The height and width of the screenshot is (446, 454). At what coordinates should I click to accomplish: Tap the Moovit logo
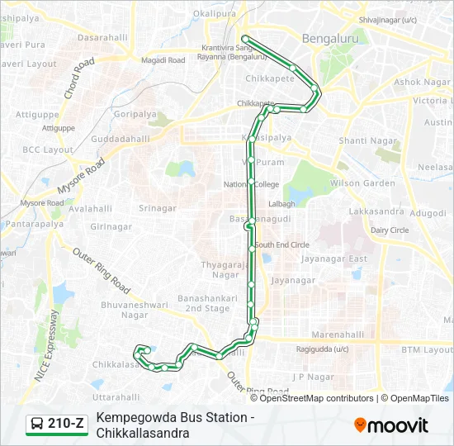tap(391, 425)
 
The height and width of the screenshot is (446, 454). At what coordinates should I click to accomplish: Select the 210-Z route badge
tap(56, 424)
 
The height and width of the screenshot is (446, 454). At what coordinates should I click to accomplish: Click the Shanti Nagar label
tap(364, 140)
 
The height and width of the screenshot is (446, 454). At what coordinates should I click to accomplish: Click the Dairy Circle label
tap(390, 230)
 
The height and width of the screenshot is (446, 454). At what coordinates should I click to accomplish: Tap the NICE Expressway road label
tap(47, 345)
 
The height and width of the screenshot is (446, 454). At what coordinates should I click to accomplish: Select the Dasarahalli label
tap(103, 38)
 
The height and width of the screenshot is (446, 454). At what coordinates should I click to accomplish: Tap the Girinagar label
tap(111, 226)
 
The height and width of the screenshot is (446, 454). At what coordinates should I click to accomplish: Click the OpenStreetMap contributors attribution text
tap(316, 398)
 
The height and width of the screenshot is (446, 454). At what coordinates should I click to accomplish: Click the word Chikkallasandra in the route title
tap(143, 433)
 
